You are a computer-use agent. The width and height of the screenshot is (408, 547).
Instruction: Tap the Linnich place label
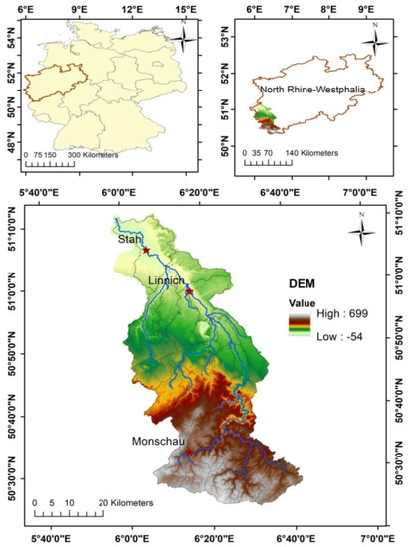pyautogui.click(x=166, y=281)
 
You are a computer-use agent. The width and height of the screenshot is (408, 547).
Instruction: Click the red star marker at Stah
pyautogui.click(x=146, y=250)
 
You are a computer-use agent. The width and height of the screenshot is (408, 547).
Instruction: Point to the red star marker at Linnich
pyautogui.click(x=188, y=291)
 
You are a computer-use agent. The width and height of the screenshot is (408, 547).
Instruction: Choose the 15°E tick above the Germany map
pyautogui.click(x=185, y=9)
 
